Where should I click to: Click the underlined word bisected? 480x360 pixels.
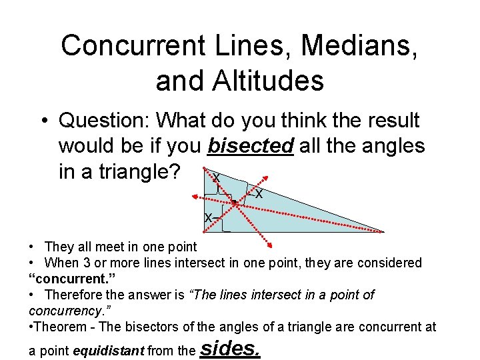pos(250,145)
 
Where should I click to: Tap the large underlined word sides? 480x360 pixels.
pos(229,347)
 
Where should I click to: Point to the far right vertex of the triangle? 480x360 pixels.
pos(384,231)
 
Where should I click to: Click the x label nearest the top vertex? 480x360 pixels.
pos(215,177)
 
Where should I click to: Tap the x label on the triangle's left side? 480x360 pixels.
pos(208,218)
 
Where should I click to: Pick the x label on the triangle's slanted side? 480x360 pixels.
pos(259,195)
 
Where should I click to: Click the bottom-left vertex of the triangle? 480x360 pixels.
pos(223,231)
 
